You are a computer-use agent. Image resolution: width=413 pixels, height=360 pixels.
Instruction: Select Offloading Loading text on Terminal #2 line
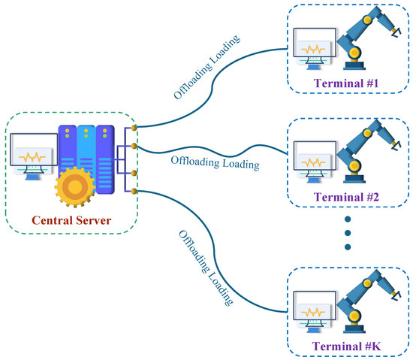215,162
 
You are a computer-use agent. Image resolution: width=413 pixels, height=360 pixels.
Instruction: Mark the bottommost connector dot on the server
133,192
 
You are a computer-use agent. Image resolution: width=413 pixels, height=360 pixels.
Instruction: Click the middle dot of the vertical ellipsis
348,233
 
